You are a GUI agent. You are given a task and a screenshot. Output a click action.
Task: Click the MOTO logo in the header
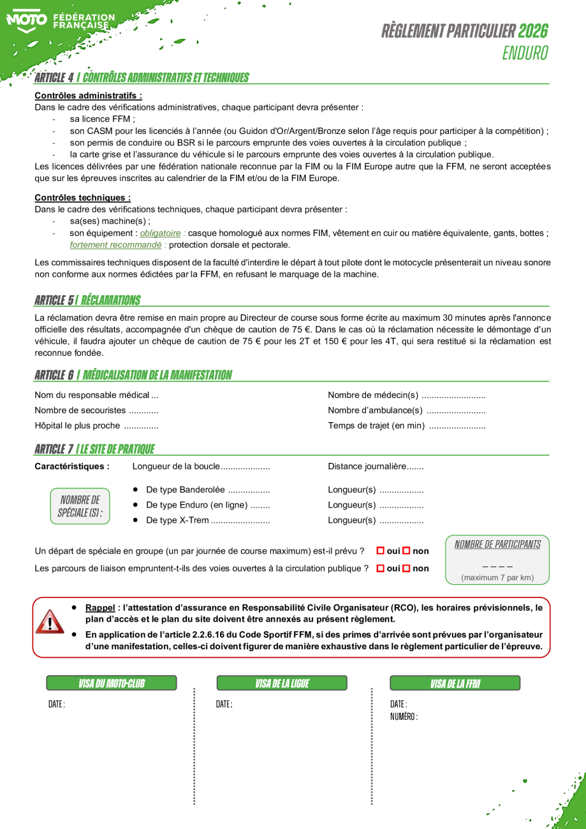point(26,20)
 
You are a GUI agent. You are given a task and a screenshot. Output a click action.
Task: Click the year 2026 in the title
point(532,31)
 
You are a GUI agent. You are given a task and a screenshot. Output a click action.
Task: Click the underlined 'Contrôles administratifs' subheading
point(88,96)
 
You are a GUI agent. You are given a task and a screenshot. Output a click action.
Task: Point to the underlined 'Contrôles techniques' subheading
point(82,198)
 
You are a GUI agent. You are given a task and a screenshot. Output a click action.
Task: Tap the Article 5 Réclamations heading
point(87,300)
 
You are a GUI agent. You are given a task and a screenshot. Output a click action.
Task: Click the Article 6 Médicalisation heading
point(133,375)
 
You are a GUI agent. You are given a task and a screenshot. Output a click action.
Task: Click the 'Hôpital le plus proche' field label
point(77,426)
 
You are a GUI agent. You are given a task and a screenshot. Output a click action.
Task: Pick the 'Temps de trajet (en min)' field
point(376,426)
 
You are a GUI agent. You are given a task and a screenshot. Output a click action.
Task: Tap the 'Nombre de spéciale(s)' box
point(80,506)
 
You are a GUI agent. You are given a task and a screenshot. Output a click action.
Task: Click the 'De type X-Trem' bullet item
point(177,520)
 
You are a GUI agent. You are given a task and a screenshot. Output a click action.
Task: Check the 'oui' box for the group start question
point(380,550)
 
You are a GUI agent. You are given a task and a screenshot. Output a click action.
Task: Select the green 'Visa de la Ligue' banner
point(282,683)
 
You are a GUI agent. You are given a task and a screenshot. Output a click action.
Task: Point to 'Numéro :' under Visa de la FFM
point(404,717)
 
